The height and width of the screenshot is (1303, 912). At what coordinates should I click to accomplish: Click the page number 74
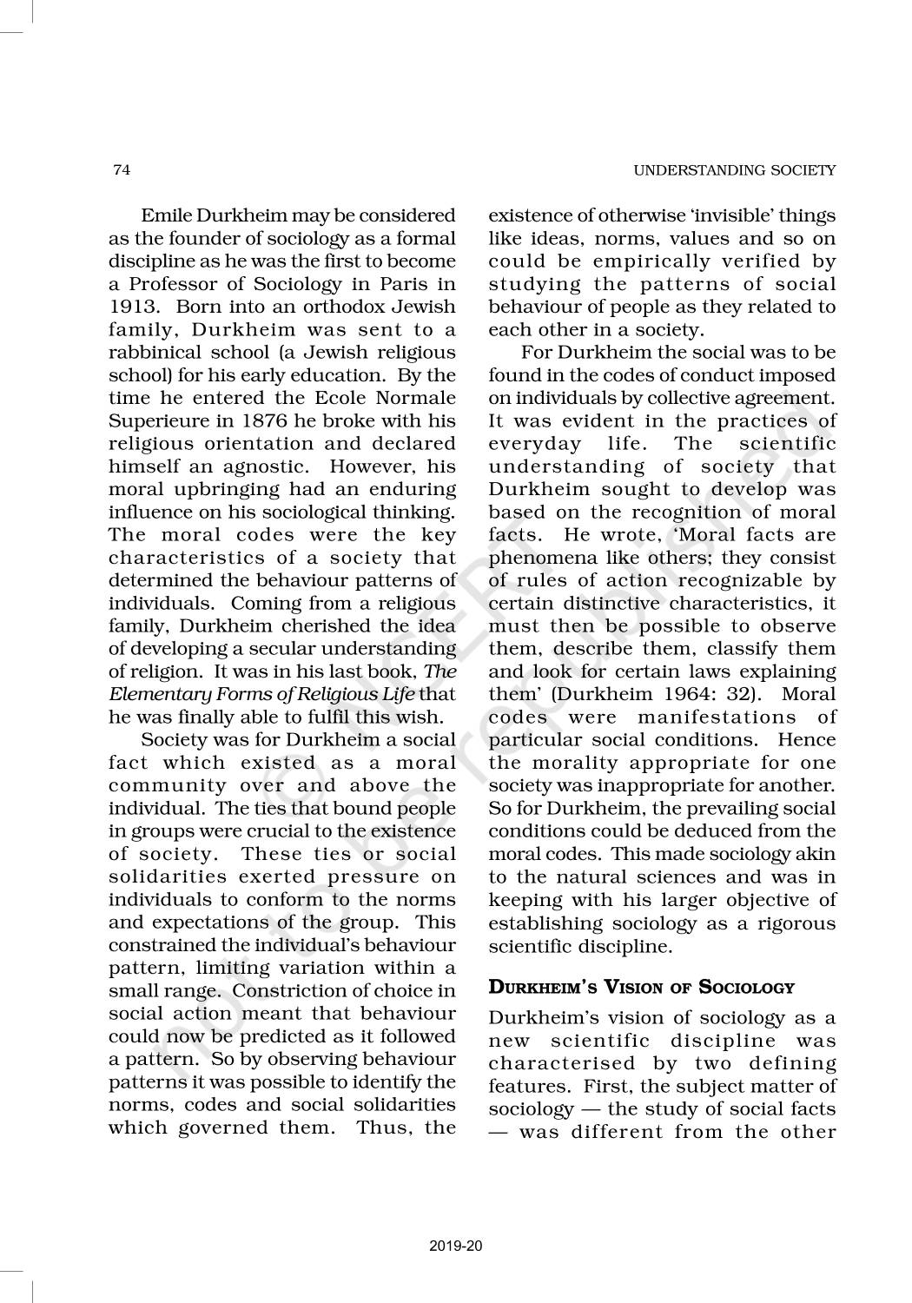(x=122, y=170)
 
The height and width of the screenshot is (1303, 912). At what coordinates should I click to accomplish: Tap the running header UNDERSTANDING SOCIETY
(x=734, y=170)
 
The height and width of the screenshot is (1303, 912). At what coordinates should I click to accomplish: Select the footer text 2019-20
(x=456, y=1247)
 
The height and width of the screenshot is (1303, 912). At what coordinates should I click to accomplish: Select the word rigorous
(x=788, y=923)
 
